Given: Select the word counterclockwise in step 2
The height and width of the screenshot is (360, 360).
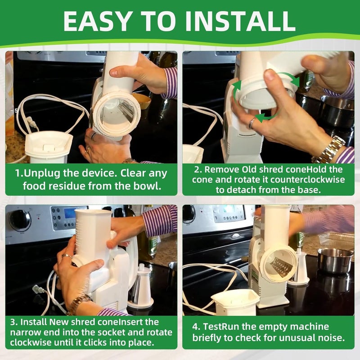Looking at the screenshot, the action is [307, 180].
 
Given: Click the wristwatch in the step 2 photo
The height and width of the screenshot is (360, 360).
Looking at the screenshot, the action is [328, 149].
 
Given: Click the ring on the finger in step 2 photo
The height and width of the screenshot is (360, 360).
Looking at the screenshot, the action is [252, 123].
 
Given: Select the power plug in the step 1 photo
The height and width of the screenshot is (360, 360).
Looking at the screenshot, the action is [32, 123].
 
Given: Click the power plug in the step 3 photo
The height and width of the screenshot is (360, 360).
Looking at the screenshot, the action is [38, 290].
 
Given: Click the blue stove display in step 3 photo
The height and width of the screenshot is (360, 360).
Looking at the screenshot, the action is [70, 213].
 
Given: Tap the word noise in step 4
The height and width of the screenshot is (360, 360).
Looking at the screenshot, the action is [331, 338].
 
